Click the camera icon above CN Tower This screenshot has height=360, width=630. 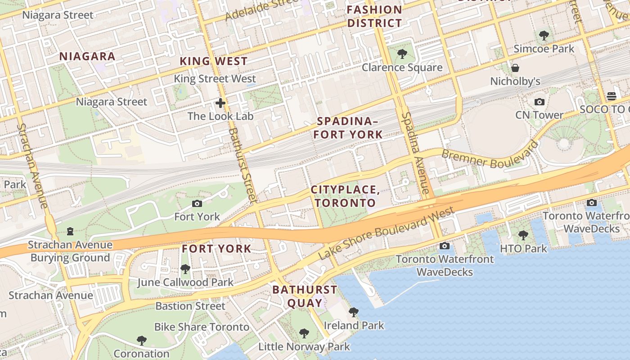click(539, 102)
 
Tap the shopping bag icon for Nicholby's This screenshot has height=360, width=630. click(515, 68)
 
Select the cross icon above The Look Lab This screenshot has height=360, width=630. click(220, 103)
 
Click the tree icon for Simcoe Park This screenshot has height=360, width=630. click(544, 35)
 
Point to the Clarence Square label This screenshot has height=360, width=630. click(402, 67)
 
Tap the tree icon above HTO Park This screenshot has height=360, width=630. click(523, 235)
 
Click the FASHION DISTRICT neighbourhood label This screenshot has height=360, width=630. click(374, 16)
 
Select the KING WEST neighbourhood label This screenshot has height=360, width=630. click(214, 61)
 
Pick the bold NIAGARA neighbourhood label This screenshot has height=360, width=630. click(88, 56)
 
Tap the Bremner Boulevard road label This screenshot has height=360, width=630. click(490, 155)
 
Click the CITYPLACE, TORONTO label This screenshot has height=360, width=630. click(346, 196)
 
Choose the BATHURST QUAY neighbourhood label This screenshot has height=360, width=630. click(305, 296)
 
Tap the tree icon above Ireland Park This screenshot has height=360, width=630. click(354, 312)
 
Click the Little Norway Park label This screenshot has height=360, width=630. click(304, 347)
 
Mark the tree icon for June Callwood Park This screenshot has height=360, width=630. click(185, 269)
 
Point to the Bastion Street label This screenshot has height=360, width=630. click(190, 306)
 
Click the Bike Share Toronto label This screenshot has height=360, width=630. click(202, 327)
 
